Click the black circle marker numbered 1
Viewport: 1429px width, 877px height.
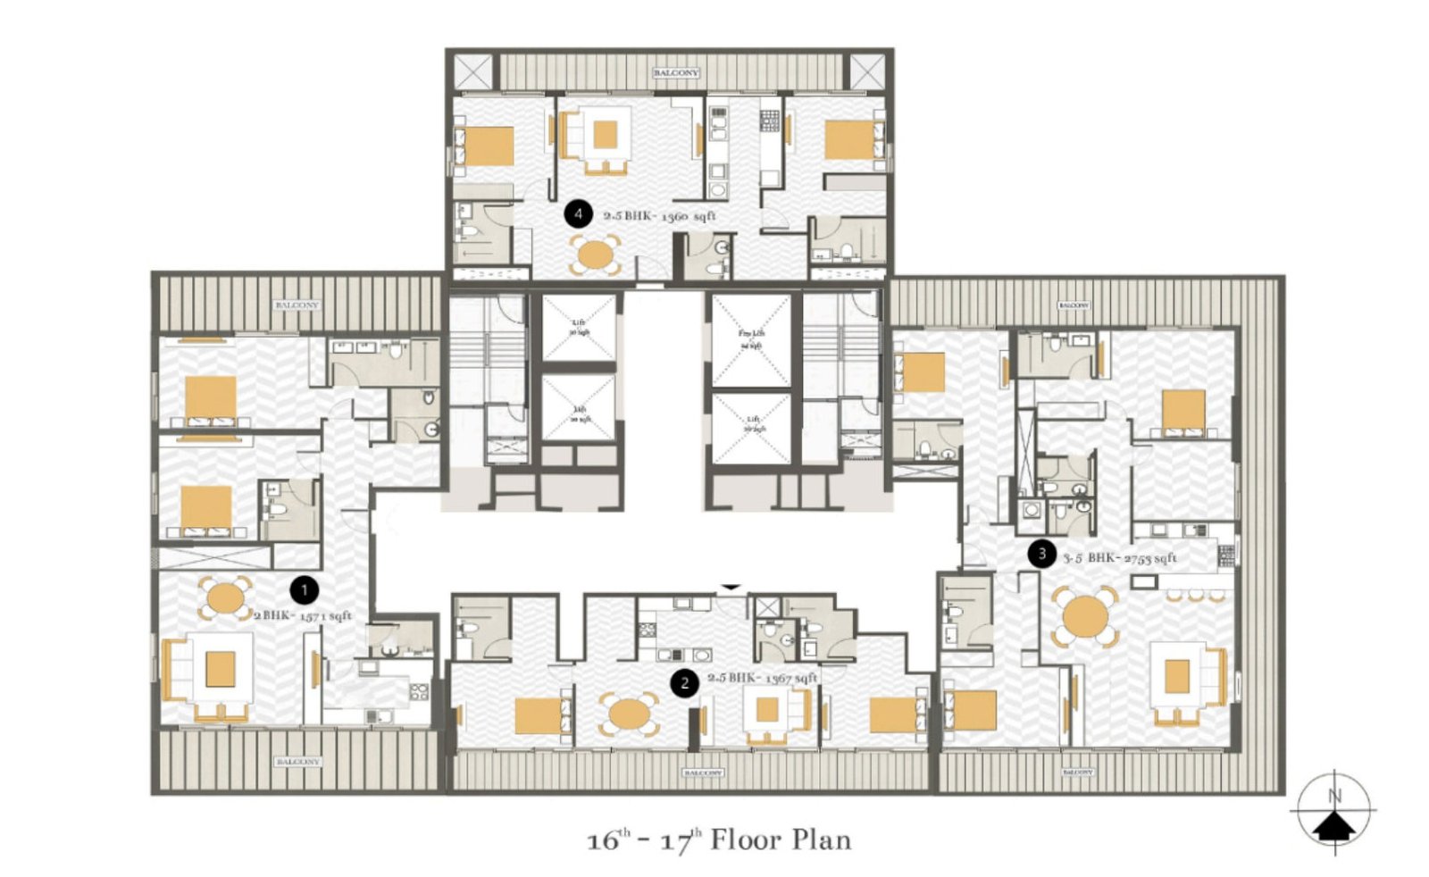click(305, 589)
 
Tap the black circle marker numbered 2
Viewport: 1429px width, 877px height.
click(684, 684)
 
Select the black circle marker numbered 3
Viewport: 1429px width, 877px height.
click(1041, 554)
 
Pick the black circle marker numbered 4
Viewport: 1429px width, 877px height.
click(578, 214)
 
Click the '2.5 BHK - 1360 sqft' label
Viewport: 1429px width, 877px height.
click(659, 216)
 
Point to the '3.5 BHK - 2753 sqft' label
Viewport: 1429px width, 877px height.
click(1120, 558)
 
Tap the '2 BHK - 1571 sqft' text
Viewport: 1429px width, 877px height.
click(303, 616)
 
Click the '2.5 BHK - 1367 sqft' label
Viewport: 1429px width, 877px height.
click(762, 678)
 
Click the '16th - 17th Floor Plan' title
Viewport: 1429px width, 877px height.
click(719, 840)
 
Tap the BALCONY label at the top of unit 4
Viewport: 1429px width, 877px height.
click(676, 72)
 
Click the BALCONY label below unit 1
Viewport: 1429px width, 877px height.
click(297, 762)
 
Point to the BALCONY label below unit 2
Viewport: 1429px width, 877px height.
click(702, 773)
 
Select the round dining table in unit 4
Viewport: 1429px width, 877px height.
click(595, 255)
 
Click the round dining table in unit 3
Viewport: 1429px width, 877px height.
click(1086, 616)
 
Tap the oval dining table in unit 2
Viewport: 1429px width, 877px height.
click(630, 714)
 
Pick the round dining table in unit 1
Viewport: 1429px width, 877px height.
click(225, 598)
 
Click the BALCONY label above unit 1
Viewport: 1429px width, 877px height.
click(297, 305)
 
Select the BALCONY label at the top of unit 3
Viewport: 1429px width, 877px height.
click(1074, 305)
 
